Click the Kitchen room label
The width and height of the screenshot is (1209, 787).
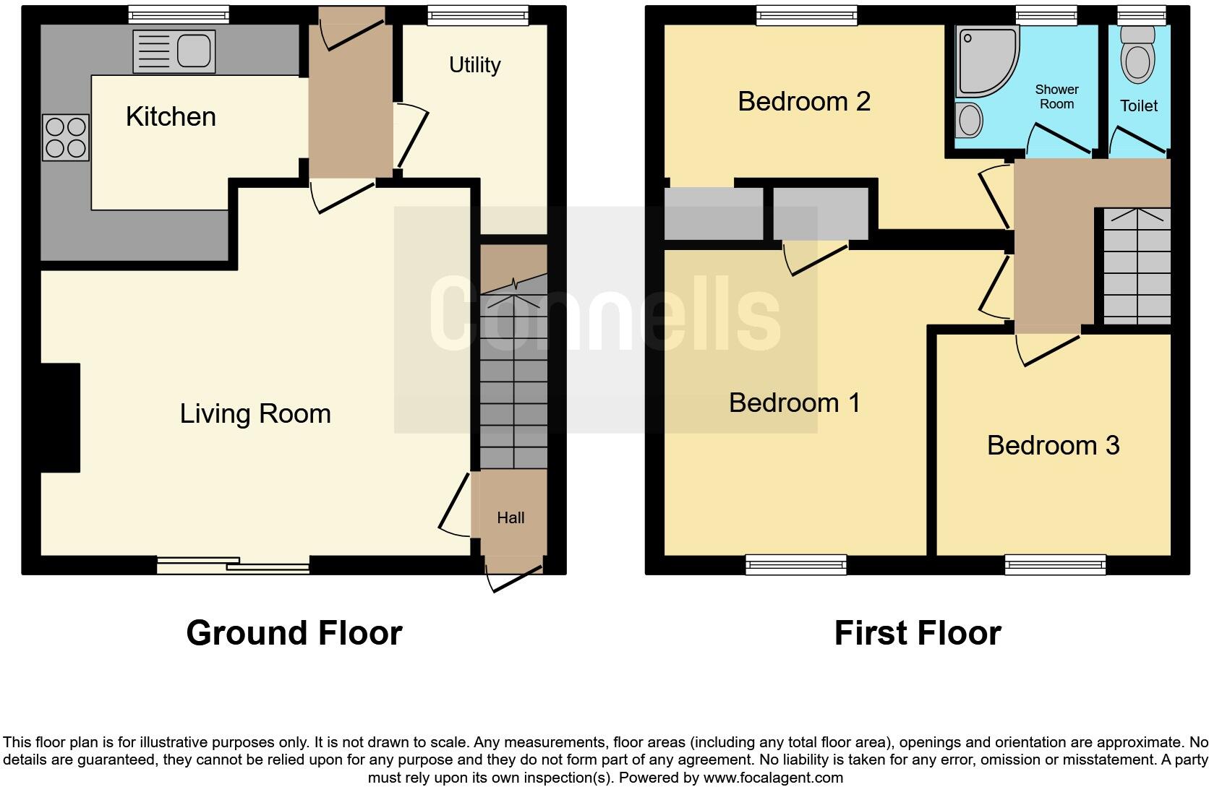pos(171,116)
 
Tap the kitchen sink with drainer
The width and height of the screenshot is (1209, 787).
pos(174,51)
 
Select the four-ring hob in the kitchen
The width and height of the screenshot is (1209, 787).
pos(66,137)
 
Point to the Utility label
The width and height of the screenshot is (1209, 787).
pos(474,65)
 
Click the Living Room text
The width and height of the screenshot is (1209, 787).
pos(255,413)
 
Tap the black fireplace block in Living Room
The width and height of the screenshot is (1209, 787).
pos(60,418)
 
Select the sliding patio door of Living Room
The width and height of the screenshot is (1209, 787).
pos(233,565)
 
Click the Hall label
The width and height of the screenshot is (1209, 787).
pos(510,517)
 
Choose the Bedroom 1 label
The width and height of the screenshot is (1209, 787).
pos(795,403)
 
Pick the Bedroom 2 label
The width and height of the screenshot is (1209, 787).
pos(804,101)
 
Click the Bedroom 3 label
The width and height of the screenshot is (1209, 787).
pos(1053,445)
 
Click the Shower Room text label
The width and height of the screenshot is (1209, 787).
pos(1056,96)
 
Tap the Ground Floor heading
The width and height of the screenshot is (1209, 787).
pos(294,633)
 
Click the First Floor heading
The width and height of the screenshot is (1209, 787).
pos(917,633)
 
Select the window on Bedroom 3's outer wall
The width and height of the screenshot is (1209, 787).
pos(1055,564)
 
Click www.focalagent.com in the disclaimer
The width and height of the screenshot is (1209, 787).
pos(772,778)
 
